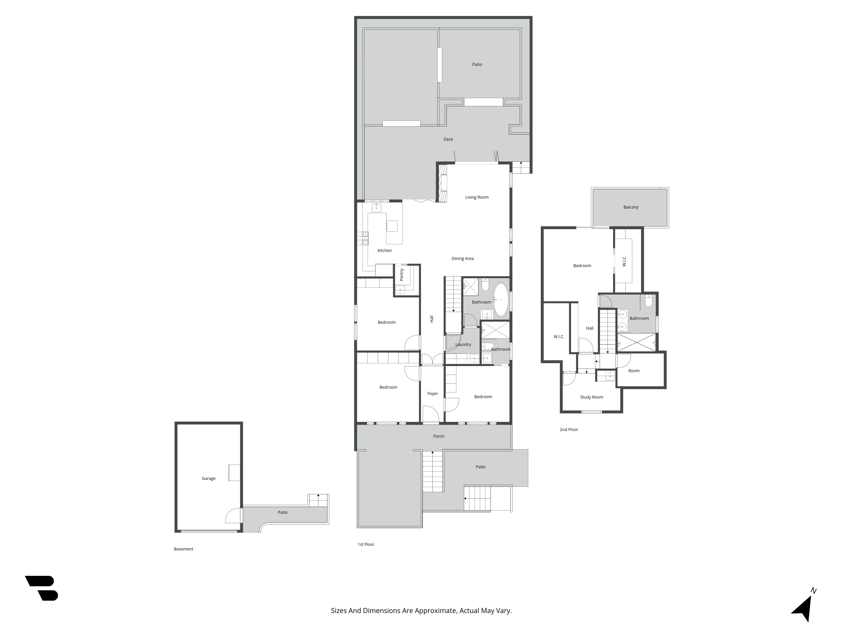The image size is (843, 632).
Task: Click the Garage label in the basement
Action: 208,478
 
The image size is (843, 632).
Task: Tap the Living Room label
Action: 477,197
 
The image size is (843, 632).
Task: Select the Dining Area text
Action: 463,259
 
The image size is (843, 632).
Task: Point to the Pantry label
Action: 401,275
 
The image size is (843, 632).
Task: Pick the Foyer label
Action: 432,394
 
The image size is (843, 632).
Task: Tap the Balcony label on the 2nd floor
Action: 631,207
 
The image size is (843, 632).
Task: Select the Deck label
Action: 448,139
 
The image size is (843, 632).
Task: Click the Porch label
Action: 439,436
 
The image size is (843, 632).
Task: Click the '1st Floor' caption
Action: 366,544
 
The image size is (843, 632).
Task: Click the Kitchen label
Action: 385,251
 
